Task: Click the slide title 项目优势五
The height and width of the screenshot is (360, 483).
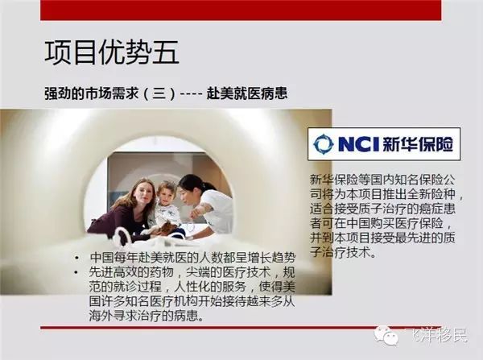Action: [x=112, y=52]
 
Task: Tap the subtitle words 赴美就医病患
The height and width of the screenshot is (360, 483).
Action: [x=247, y=93]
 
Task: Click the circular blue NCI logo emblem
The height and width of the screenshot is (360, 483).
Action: [x=323, y=143]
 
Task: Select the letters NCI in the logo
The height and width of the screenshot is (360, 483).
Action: [x=358, y=144]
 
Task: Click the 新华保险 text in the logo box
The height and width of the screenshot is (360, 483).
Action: [x=418, y=144]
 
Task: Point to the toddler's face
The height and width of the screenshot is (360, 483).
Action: [x=166, y=196]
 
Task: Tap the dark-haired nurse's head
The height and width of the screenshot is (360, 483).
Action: [x=192, y=188]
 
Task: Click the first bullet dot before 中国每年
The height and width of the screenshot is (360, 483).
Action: [x=76, y=258]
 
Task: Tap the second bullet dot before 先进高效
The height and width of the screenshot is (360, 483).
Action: [x=76, y=272]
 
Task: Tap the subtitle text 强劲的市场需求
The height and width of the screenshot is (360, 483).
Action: [x=91, y=93]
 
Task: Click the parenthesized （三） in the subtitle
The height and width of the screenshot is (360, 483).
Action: [x=159, y=93]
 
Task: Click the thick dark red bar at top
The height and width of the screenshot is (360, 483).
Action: [x=241, y=10]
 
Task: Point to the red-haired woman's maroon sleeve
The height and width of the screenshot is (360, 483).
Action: [x=105, y=223]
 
